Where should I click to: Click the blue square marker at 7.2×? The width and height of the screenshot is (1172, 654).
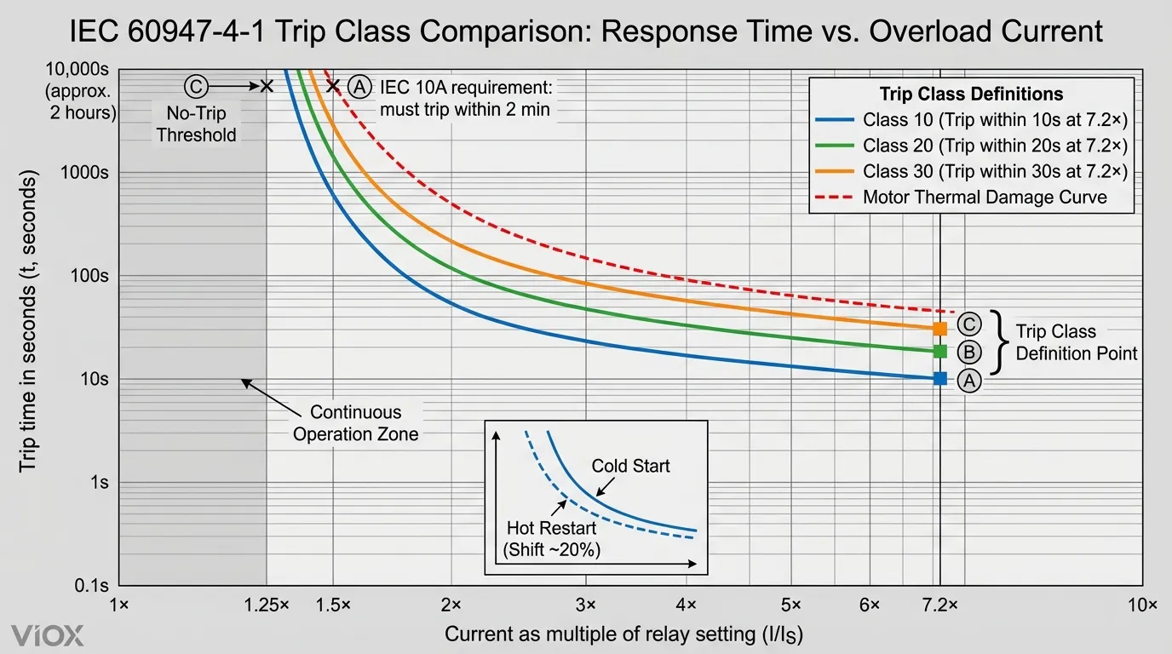(940, 379)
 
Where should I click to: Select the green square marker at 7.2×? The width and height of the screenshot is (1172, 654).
(940, 351)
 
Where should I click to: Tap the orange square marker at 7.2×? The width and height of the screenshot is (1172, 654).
(940, 329)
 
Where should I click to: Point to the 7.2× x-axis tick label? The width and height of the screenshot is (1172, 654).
(941, 605)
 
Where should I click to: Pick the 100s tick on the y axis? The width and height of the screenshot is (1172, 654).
(88, 276)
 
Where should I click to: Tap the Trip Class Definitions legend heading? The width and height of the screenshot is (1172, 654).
(971, 94)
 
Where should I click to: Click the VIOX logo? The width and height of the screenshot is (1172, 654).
(49, 635)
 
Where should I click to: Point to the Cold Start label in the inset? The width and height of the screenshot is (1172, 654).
(631, 466)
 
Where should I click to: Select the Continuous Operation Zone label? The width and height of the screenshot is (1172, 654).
(355, 423)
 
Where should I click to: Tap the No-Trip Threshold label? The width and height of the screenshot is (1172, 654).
(196, 123)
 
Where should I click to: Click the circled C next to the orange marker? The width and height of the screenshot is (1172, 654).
(969, 324)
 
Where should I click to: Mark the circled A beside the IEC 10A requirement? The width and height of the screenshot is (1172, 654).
(359, 86)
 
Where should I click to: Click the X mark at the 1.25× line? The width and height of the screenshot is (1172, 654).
(267, 86)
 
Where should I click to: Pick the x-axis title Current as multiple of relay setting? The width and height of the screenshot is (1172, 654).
(623, 634)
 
